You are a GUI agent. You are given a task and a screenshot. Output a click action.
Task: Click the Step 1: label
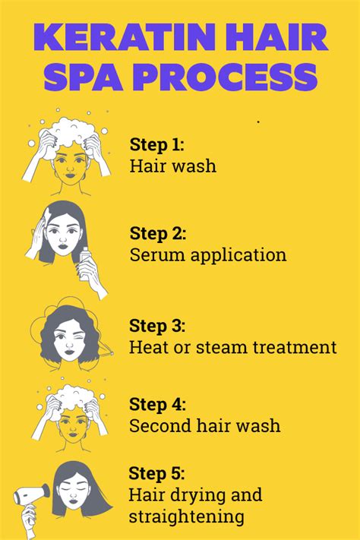157,144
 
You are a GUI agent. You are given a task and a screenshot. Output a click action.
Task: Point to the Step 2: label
157,233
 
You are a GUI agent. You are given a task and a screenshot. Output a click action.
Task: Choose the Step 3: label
157,326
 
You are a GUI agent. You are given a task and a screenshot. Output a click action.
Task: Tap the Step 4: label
157,404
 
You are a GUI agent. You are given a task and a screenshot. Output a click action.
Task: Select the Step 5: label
157,475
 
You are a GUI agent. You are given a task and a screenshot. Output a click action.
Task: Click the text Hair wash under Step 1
172,166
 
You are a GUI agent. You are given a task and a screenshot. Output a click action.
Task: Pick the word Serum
156,254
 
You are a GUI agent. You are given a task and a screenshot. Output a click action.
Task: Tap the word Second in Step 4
156,425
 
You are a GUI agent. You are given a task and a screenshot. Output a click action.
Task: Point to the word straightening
187,517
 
